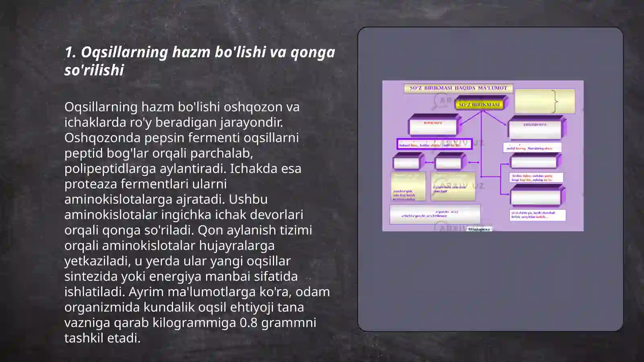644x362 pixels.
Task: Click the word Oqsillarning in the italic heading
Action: [124, 52]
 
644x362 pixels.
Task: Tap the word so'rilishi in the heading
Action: [94, 70]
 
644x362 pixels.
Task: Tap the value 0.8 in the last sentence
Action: [248, 323]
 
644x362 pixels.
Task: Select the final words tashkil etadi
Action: [102, 338]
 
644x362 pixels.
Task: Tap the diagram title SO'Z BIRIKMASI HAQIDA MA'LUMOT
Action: [458, 88]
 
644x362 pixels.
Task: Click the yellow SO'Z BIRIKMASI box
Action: [479, 105]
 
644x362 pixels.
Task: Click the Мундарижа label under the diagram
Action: [479, 229]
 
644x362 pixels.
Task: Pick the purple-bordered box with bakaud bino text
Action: [434, 144]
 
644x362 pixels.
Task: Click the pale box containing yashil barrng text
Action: [532, 148]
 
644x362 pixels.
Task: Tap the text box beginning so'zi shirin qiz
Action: [537, 215]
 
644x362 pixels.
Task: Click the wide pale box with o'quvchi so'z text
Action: [435, 214]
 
